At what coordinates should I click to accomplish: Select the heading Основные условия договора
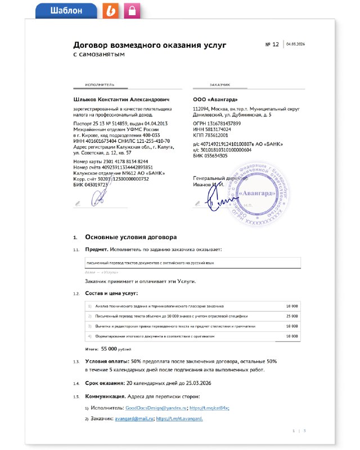coord(130,237)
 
